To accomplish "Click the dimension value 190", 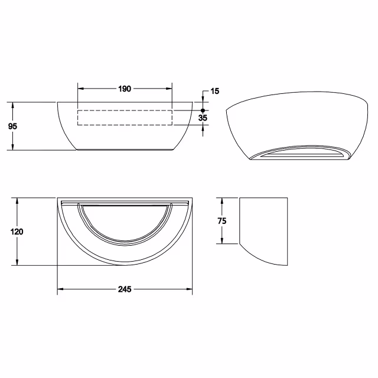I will click(x=125, y=89).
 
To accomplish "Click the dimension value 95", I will click(x=12, y=126).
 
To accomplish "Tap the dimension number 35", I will click(x=203, y=118).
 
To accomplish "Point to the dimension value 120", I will click(x=17, y=232).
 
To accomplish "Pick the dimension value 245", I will click(x=125, y=289).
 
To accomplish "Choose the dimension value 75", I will click(x=221, y=220).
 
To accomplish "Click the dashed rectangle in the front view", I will click(x=125, y=118).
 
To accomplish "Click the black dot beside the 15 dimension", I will click(x=203, y=110).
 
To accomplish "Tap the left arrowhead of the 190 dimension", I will click(x=81, y=89).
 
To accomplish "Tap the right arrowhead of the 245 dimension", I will click(x=190, y=289).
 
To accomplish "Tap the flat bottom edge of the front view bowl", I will click(x=125, y=150).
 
